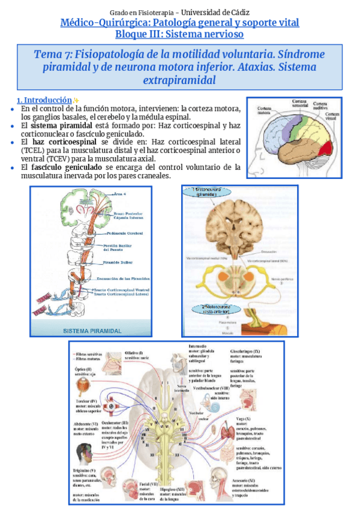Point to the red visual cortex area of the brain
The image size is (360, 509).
pos(324,147)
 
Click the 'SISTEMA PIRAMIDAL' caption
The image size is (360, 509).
pos(93,330)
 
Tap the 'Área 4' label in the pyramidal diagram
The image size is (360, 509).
pos(124,194)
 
